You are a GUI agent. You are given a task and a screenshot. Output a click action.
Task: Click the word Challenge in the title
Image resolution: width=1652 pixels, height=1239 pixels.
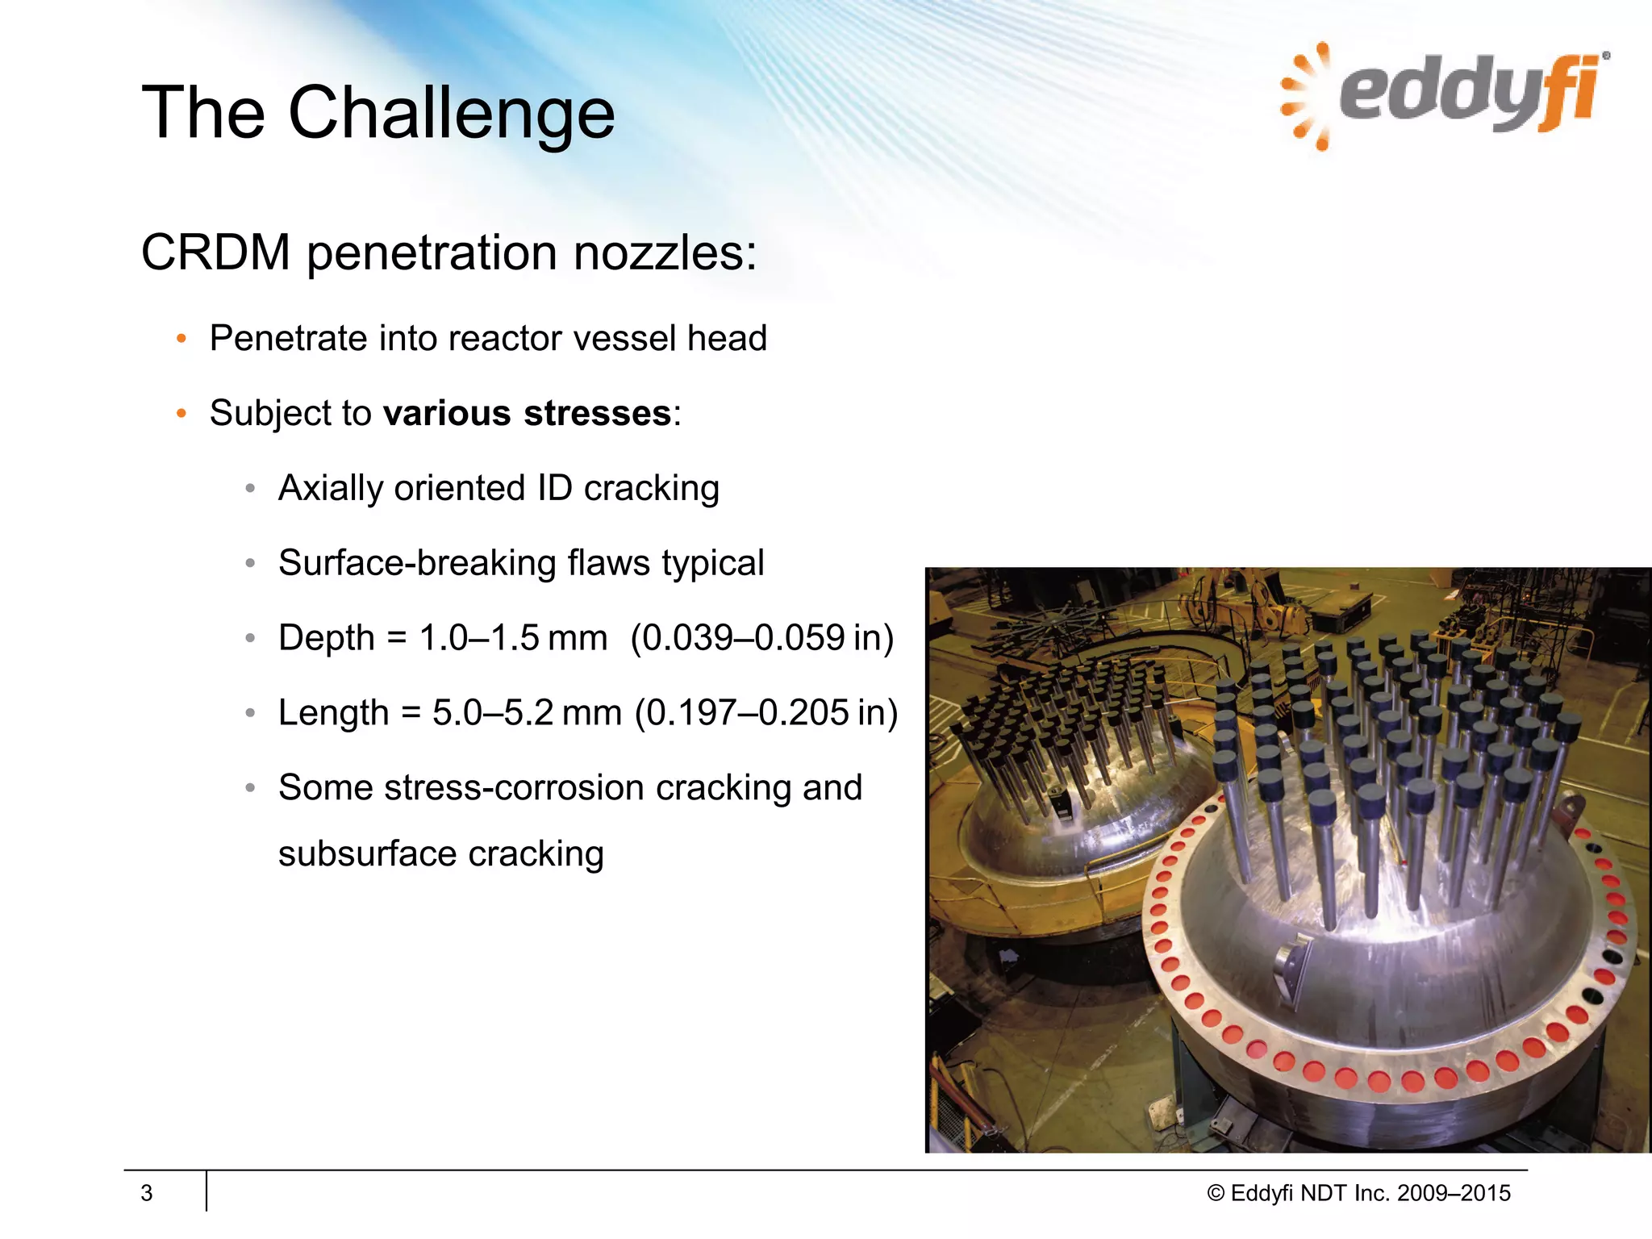pos(452,114)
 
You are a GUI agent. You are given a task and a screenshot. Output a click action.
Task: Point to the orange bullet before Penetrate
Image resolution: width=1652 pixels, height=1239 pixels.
pos(181,339)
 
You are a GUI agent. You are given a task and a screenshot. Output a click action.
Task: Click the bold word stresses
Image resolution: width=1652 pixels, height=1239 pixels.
pos(597,414)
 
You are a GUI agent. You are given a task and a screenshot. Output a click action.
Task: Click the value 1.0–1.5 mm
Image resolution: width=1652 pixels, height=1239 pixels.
pos(513,638)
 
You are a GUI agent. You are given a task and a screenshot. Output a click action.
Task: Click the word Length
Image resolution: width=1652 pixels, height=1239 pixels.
pos(333,713)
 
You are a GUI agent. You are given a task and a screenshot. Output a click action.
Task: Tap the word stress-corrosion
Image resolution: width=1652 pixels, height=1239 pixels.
pos(514,788)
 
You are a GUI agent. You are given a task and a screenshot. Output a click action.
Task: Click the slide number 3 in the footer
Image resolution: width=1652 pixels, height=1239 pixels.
pos(147,1193)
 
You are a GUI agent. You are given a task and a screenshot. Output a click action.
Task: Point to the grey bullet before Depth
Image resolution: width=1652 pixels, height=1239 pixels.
pos(250,639)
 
